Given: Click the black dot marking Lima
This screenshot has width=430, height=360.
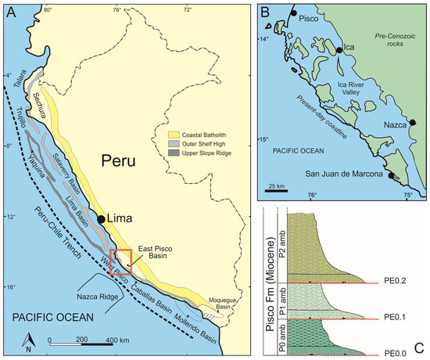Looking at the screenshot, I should pyautogui.click(x=102, y=220).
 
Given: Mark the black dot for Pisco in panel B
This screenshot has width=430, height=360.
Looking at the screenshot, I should pyautogui.click(x=292, y=14).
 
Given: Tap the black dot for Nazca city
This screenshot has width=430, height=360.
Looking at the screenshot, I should pyautogui.click(x=412, y=122).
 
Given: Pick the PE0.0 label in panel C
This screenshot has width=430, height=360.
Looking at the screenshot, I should pyautogui.click(x=398, y=353).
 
